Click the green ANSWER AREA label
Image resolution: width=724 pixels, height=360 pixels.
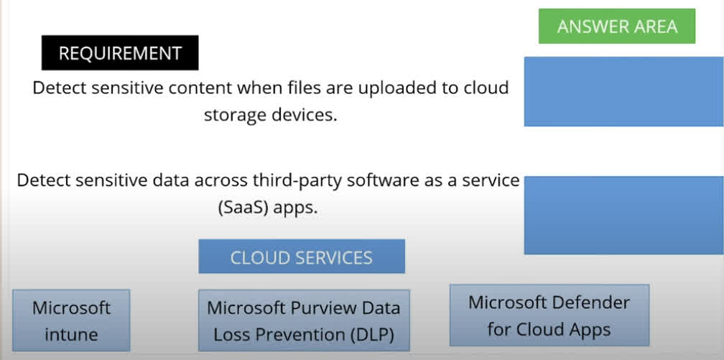pyautogui.click(x=617, y=27)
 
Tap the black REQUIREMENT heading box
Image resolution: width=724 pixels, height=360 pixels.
pyautogui.click(x=120, y=53)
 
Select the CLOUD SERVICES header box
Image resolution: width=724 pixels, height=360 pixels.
pyautogui.click(x=302, y=257)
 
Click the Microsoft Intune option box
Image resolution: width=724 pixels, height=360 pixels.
pyautogui.click(x=71, y=320)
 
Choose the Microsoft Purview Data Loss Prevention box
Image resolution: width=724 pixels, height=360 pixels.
pyautogui.click(x=304, y=320)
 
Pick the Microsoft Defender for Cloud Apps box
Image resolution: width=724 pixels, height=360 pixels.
pyautogui.click(x=549, y=315)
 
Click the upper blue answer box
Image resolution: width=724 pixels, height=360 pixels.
pyautogui.click(x=623, y=91)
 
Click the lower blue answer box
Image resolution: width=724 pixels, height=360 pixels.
pyautogui.click(x=623, y=215)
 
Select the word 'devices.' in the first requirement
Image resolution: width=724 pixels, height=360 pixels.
pyautogui.click(x=302, y=114)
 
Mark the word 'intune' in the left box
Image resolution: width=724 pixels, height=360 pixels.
pyautogui.click(x=71, y=334)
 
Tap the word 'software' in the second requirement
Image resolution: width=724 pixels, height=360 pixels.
pyautogui.click(x=383, y=180)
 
